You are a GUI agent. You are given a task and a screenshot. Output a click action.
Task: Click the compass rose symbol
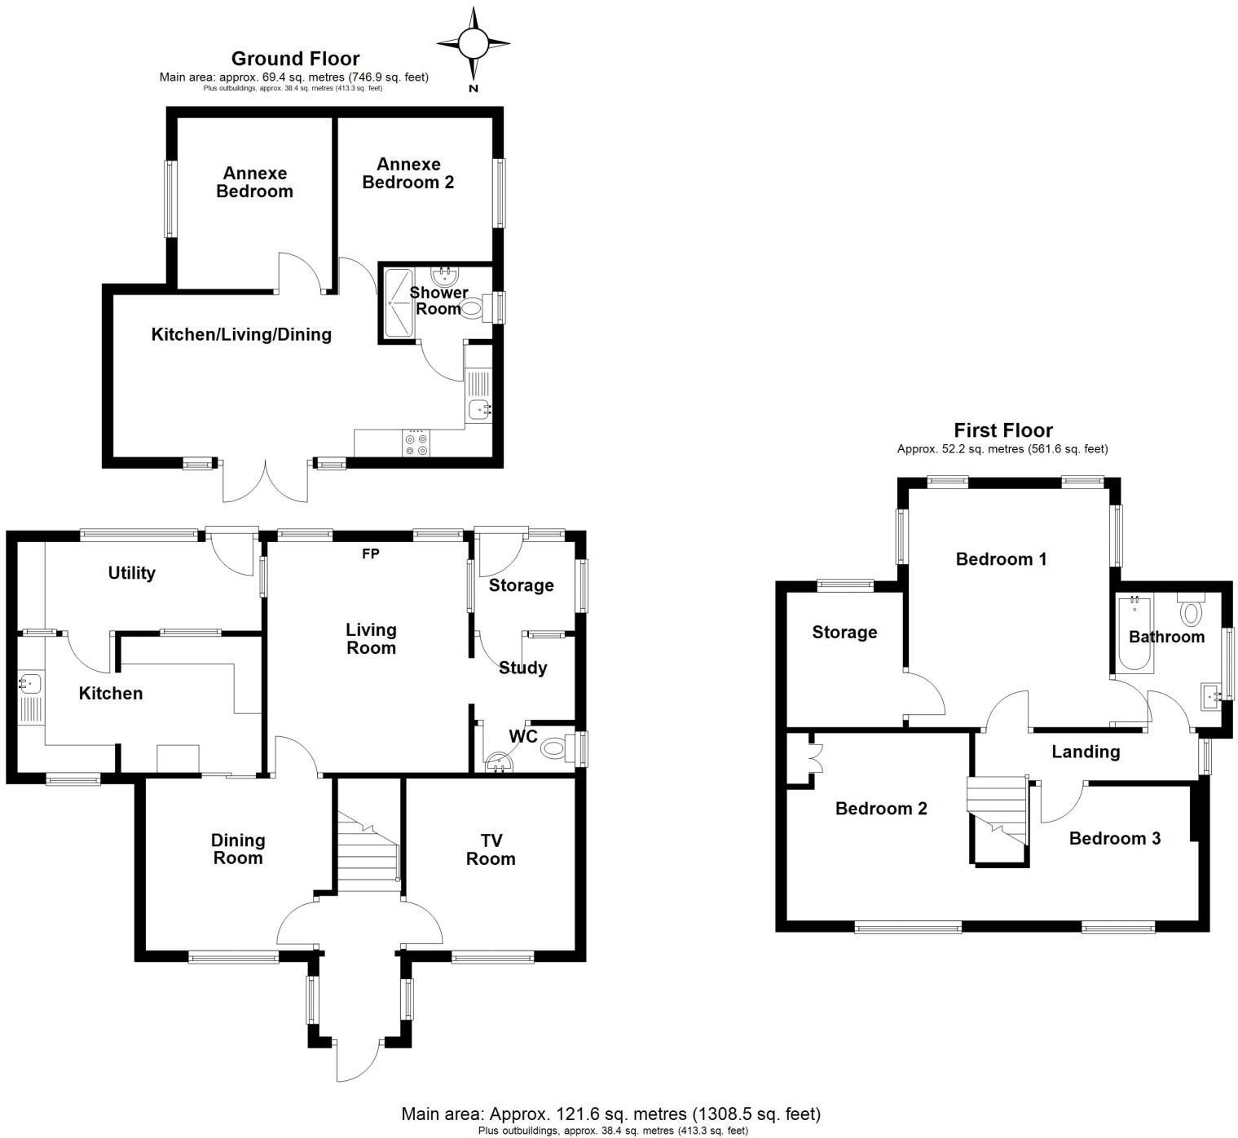tap(474, 43)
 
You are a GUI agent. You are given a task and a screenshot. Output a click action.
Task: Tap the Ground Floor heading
tap(295, 59)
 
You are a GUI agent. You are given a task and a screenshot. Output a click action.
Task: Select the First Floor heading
tap(1002, 430)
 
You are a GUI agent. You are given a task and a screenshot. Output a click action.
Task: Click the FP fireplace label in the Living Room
tap(370, 554)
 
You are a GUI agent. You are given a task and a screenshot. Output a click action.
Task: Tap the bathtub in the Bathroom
tap(1134, 633)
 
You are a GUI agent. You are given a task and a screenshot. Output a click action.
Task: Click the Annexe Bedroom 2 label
tap(408, 173)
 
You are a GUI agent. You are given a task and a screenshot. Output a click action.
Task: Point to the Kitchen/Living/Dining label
tap(241, 334)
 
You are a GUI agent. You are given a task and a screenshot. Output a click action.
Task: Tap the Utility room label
tap(131, 573)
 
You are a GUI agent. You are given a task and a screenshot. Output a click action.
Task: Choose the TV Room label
tap(491, 849)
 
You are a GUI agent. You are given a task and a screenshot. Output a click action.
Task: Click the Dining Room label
tap(238, 849)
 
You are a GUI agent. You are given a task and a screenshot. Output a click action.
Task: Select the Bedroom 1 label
tap(1001, 559)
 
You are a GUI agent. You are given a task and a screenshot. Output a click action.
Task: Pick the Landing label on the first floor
tap(1086, 752)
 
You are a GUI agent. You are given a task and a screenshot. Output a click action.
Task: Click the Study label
tap(522, 668)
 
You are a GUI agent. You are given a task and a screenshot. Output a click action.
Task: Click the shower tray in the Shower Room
tap(399, 304)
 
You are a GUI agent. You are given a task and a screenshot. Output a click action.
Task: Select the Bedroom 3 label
tap(1115, 838)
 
